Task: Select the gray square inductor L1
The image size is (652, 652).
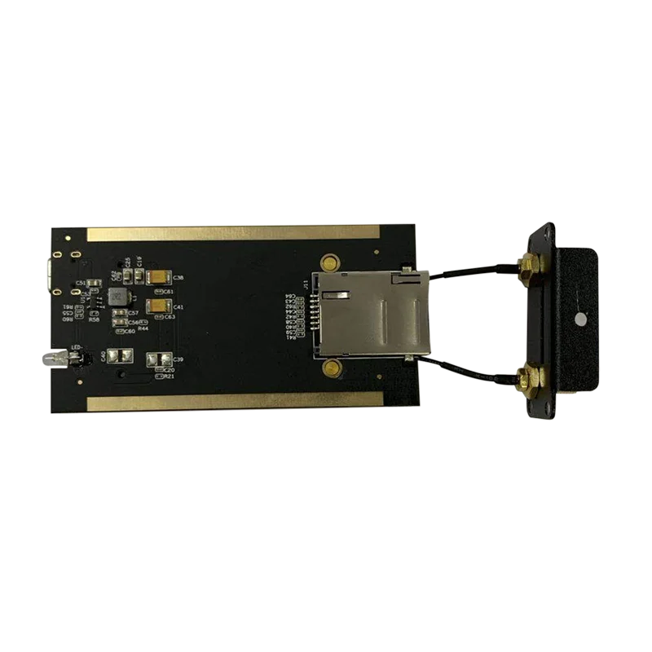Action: (x=119, y=293)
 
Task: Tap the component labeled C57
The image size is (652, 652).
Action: (x=119, y=313)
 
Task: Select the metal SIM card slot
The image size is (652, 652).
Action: (x=371, y=314)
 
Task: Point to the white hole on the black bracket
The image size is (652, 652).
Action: (x=579, y=319)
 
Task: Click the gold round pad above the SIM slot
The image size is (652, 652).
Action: (x=330, y=262)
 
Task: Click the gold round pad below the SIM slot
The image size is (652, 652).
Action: (x=330, y=369)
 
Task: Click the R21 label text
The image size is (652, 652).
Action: (x=169, y=377)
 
